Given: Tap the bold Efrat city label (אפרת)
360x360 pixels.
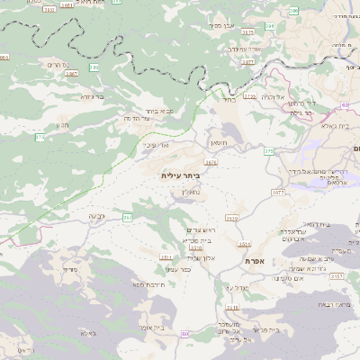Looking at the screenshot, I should coord(255,260).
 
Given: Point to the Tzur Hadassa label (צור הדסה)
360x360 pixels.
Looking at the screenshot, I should coord(138,118).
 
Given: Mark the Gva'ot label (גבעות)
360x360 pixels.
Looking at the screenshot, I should coord(98,216).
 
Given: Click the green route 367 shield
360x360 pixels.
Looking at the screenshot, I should coord(127,217).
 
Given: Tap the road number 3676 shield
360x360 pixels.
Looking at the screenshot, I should coord(211,163).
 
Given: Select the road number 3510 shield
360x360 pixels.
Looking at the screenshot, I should coord(232,218).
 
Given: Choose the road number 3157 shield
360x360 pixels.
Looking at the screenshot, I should coord(337,276).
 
